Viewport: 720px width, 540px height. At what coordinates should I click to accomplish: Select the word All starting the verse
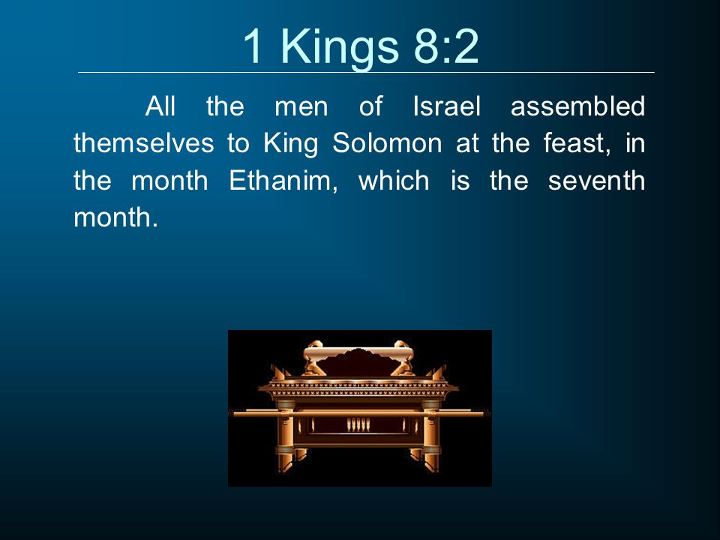[x=160, y=106]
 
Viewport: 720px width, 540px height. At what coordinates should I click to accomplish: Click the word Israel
[x=446, y=106]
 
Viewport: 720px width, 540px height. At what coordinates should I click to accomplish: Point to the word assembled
[x=577, y=106]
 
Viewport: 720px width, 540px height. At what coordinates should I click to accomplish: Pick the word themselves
[x=144, y=142]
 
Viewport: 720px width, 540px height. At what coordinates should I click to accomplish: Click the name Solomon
[x=387, y=142]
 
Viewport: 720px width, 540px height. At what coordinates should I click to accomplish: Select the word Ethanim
[x=283, y=181]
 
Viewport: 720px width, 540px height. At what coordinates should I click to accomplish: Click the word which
[x=394, y=181]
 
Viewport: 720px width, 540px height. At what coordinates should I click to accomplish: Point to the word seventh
[x=596, y=181]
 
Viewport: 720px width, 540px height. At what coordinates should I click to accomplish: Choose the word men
[x=301, y=107]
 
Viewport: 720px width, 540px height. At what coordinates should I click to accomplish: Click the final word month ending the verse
[x=115, y=217]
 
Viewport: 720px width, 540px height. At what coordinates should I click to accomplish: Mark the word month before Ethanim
[x=169, y=181]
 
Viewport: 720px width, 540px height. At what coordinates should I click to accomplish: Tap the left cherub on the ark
[x=313, y=358]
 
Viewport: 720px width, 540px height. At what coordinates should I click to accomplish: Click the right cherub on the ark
[x=403, y=358]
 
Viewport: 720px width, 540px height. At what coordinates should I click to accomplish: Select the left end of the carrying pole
[x=235, y=414]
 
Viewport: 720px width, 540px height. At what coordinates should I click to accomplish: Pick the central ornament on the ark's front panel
[x=358, y=424]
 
